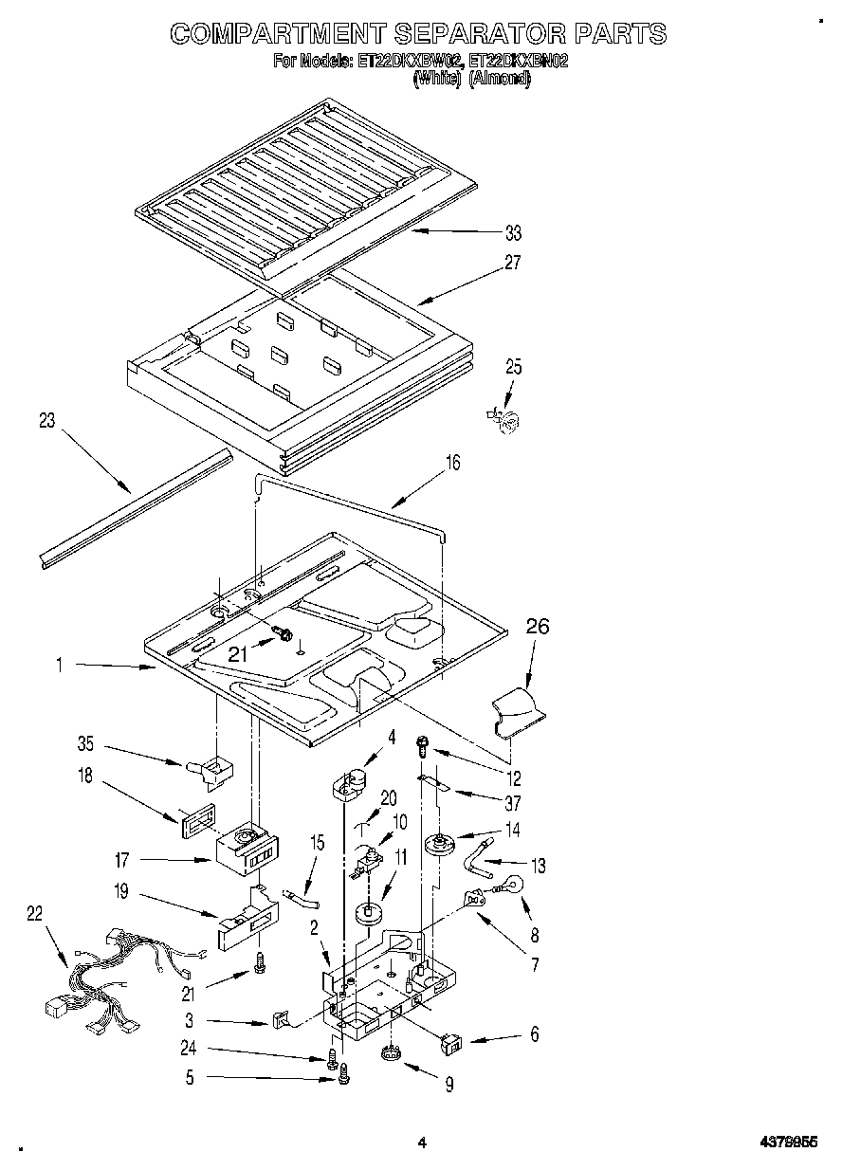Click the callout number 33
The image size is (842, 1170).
pos(513,233)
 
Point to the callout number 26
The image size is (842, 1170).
pos(537,627)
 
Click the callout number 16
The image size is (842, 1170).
pos(452,463)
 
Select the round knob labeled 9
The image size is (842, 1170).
pos(391,1054)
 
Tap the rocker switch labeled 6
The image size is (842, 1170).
pos(452,1044)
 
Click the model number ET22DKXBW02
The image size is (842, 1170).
pos(410,62)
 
